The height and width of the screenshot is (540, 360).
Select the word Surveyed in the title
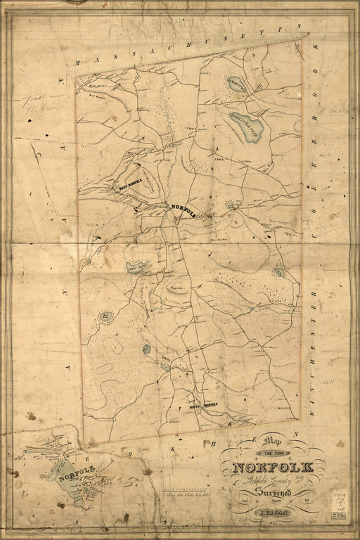(281, 496)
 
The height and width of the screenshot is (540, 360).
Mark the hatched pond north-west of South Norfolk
(146, 349)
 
